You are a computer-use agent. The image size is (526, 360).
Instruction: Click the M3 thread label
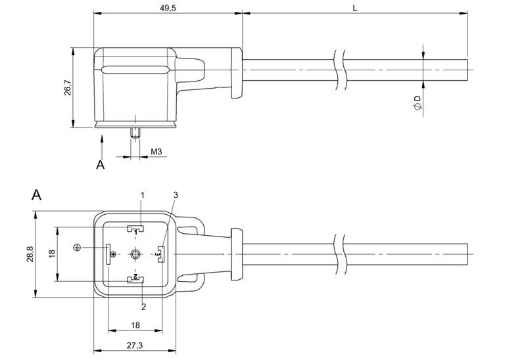(156, 152)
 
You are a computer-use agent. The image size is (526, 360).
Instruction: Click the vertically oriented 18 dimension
(52, 254)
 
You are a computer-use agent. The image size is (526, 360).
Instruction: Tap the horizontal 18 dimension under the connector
(135, 325)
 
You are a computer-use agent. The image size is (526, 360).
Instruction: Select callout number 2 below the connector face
(143, 306)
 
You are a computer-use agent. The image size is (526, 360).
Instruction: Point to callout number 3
(176, 195)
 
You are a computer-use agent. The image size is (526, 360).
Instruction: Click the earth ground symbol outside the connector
(78, 247)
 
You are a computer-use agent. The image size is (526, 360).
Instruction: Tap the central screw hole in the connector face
(135, 254)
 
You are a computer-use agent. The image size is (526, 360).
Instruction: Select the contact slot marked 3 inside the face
(160, 253)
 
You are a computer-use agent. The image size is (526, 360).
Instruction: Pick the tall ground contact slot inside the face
(108, 254)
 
